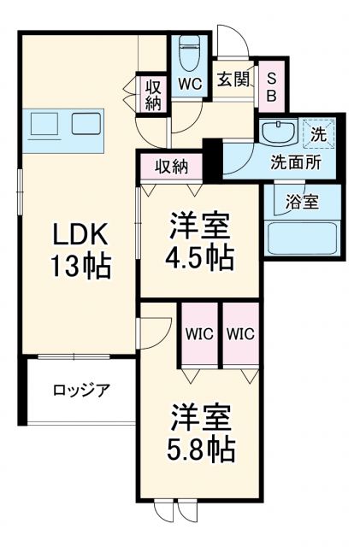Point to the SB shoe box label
271,85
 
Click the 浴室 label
302,203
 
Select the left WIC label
199,334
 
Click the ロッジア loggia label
80,391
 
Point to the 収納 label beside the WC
154,95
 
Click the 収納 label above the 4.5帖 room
171,167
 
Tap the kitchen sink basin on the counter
44,125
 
